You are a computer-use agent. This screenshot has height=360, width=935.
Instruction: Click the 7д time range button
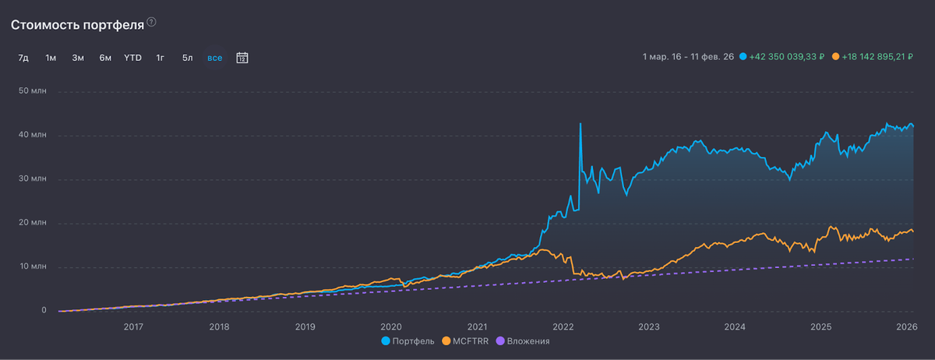click(23, 58)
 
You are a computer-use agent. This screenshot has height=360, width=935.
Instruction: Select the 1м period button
click(51, 58)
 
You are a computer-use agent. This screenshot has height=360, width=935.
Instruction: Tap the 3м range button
click(78, 58)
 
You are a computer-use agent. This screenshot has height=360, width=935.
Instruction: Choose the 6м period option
click(105, 58)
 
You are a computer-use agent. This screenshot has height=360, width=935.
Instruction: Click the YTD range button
click(132, 58)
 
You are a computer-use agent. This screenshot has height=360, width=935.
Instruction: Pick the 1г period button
click(160, 58)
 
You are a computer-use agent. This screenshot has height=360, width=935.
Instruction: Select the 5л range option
click(187, 58)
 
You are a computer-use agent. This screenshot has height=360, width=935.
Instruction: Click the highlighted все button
click(214, 58)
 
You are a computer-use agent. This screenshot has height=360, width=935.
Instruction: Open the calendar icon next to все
click(242, 58)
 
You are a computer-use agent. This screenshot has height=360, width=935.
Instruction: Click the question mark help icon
click(151, 23)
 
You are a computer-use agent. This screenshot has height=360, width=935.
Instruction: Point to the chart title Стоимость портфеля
click(77, 24)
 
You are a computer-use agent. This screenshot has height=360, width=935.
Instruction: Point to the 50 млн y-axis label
click(34, 91)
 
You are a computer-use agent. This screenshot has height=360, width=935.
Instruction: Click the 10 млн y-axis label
click(34, 267)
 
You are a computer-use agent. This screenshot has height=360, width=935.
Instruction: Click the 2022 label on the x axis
click(563, 326)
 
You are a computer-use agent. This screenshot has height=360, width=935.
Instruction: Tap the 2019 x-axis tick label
click(305, 326)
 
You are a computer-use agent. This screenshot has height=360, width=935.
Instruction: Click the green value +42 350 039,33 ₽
click(786, 58)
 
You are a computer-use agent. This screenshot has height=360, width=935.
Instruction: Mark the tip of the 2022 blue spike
click(580, 123)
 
